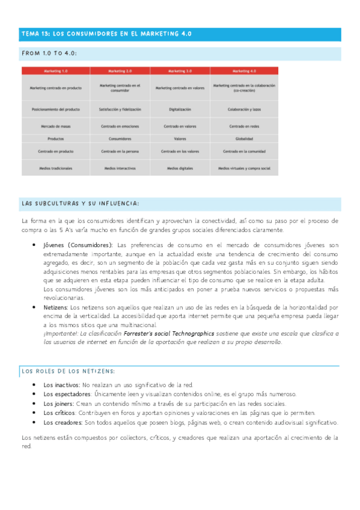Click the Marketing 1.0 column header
pos(56,70)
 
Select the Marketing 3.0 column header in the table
pos(180,70)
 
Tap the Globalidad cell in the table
pos(244,138)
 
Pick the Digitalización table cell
pos(180,109)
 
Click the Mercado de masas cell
pos(56,126)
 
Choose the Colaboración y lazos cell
pos(244,109)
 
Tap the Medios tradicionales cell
pos(56,168)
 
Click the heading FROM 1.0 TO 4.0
pos(49,54)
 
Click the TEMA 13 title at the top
pos(106,34)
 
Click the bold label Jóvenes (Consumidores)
pos(78,245)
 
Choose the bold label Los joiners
pos(58,404)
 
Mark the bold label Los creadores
pos(62,423)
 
